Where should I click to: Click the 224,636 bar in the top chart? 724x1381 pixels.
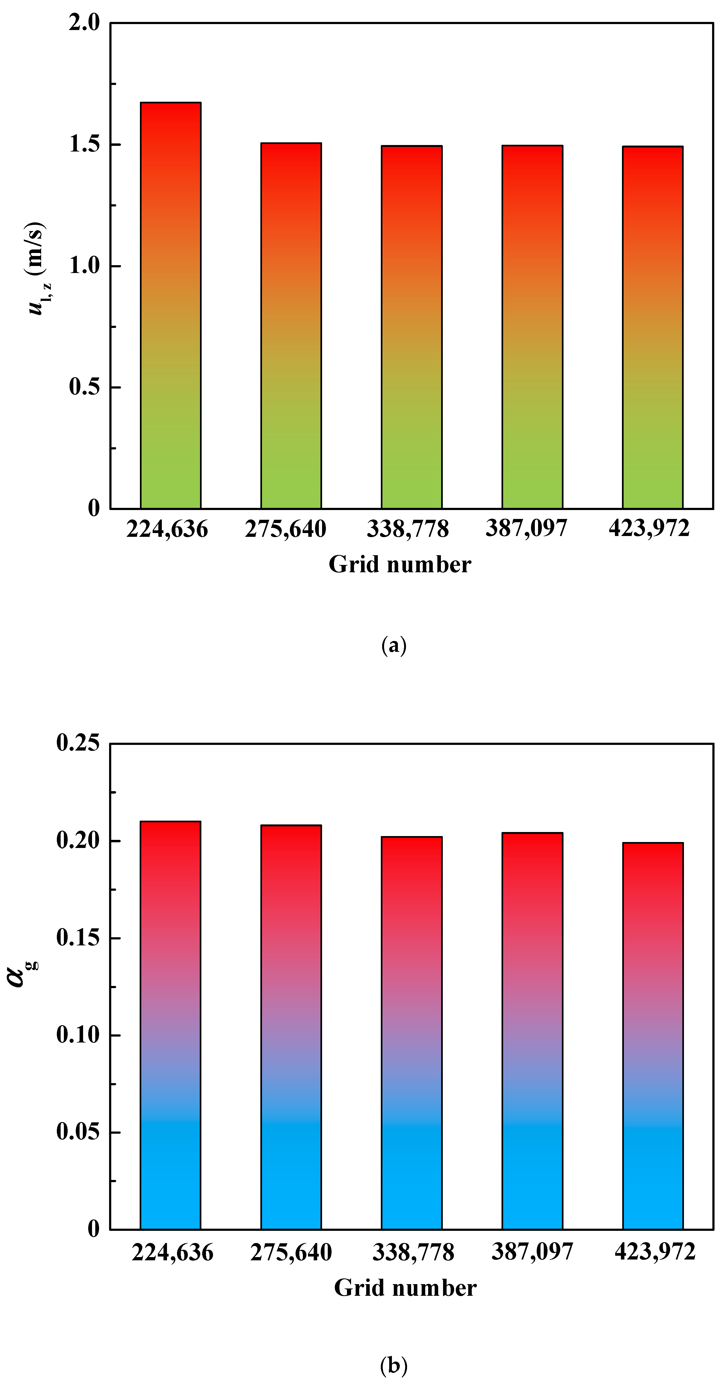pyautogui.click(x=171, y=305)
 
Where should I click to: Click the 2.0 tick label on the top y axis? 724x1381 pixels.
pyautogui.click(x=84, y=23)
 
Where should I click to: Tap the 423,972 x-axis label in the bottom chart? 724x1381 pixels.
pyautogui.click(x=655, y=1252)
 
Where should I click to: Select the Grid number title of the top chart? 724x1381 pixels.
pyautogui.click(x=400, y=564)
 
